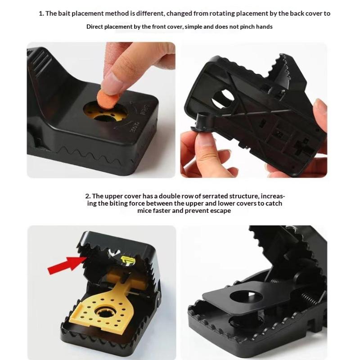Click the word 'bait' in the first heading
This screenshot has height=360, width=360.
coord(64,13)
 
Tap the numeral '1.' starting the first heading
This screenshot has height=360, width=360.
coord(41,13)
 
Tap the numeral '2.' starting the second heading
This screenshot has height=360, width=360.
coord(88,196)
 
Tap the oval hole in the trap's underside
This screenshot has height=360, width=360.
coord(222,99)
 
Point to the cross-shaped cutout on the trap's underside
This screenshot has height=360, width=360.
coord(303,148)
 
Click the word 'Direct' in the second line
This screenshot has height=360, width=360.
coord(94,27)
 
